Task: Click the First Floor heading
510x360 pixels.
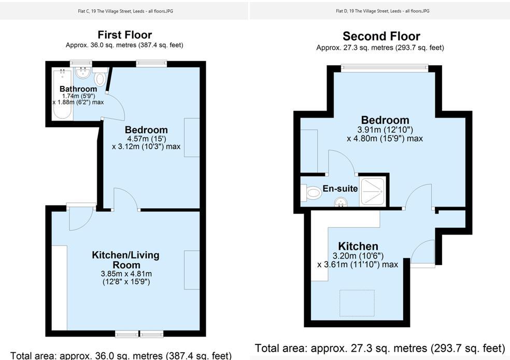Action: point(124,35)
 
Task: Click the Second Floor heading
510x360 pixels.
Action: point(381,36)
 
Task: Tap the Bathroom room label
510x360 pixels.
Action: point(78,89)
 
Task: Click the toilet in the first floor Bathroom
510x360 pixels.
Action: point(100,78)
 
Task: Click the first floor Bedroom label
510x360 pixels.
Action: point(146,129)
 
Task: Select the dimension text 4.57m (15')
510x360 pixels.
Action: point(146,138)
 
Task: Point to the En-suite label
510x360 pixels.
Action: point(340,189)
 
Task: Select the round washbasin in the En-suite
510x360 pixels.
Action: point(341,202)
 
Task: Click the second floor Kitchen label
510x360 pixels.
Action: point(358,246)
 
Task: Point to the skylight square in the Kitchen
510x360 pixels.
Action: point(357,302)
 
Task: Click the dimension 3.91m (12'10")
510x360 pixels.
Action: point(385,129)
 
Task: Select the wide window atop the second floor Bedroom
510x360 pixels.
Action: point(384,68)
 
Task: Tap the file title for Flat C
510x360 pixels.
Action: point(124,11)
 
